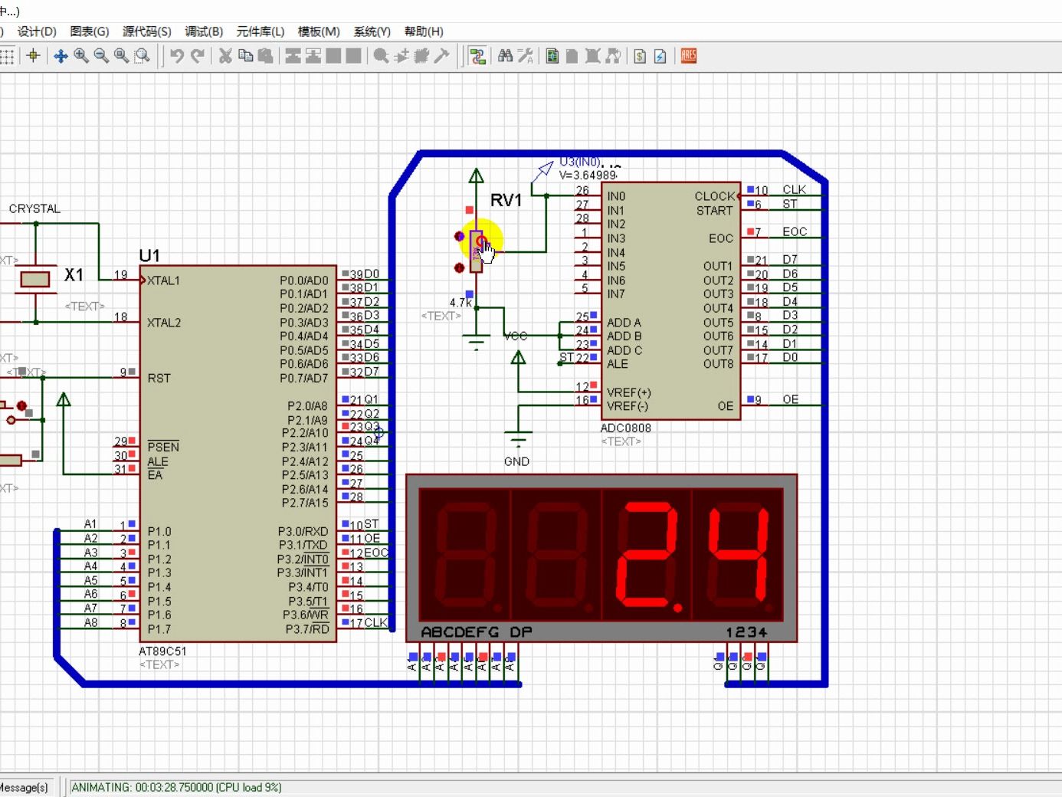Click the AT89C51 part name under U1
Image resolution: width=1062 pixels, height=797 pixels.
click(x=162, y=651)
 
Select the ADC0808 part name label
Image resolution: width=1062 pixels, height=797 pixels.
click(x=625, y=428)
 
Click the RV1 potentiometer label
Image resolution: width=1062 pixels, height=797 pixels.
click(x=506, y=201)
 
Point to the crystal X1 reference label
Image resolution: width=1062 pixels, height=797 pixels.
click(x=74, y=274)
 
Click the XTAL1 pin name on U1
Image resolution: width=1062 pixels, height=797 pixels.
click(x=164, y=280)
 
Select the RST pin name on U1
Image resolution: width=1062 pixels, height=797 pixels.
click(x=159, y=378)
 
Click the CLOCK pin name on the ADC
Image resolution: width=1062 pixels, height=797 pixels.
click(x=714, y=196)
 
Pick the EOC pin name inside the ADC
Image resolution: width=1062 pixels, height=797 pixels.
click(x=720, y=238)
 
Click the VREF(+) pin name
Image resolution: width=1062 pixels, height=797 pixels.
click(x=628, y=392)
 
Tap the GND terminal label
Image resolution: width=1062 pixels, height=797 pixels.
click(x=516, y=461)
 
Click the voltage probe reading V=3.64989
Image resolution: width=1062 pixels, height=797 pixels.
click(x=588, y=175)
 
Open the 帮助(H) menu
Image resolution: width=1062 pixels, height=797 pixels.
click(x=424, y=31)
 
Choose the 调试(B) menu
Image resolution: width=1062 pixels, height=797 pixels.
click(x=204, y=31)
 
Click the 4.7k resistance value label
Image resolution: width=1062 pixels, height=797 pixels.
click(x=461, y=303)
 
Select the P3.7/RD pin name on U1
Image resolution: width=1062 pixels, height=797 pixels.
click(x=307, y=629)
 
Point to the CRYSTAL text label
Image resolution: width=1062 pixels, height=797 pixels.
click(x=34, y=208)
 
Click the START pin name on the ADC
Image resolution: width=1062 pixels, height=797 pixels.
click(x=714, y=211)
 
